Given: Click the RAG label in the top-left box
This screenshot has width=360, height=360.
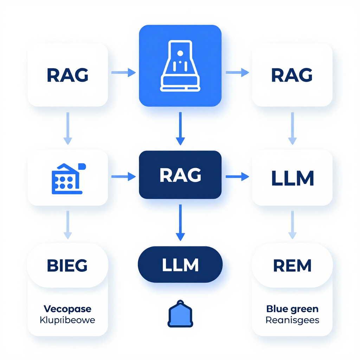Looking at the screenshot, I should pos(67,75).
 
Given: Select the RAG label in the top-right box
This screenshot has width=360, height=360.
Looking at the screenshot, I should pos(292,75).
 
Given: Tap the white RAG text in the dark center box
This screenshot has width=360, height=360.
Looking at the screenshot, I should pos(180,175).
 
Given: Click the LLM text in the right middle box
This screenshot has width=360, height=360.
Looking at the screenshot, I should pos(292,179).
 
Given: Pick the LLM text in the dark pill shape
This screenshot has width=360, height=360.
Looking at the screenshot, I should pos(180,265).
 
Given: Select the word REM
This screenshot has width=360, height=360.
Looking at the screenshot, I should pos(292,265).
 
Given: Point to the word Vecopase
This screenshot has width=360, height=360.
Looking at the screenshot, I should pos(67,309).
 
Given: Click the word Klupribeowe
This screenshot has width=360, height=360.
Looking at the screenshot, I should pos(67,320).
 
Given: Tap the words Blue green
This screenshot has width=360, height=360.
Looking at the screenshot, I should pos(292,309).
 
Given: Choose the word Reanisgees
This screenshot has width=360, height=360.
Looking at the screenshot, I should pos(292,320).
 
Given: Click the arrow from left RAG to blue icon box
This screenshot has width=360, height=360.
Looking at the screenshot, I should pos(123,73).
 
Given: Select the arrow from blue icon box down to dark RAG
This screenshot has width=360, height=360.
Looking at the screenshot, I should pos(180,128).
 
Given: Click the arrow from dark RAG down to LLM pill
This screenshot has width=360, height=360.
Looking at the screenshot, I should pos(180,223).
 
